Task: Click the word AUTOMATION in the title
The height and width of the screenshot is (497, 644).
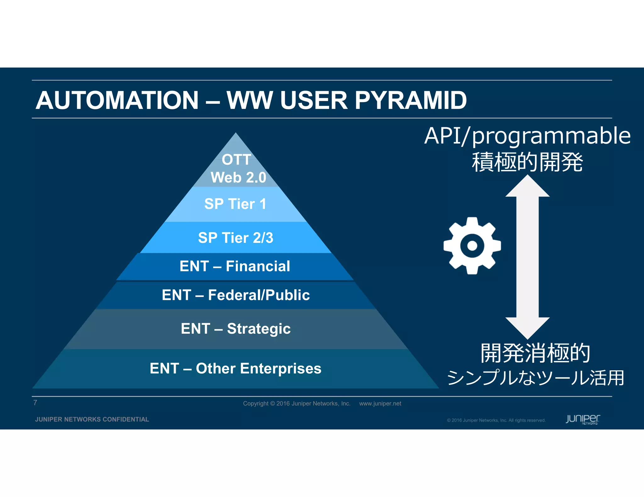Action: (117, 101)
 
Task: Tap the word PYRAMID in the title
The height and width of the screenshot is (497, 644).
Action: (410, 101)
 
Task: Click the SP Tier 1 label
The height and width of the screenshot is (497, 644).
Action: (235, 204)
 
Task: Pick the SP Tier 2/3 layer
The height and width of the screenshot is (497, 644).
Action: (236, 238)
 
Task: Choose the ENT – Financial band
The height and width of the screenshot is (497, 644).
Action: (235, 266)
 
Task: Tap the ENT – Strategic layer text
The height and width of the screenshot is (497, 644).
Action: (236, 329)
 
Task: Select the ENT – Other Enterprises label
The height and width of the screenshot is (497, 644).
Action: (235, 369)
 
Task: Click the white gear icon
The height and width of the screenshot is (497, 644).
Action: (472, 246)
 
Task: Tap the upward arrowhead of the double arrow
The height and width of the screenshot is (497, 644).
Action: (527, 187)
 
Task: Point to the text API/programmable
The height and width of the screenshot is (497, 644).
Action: (527, 136)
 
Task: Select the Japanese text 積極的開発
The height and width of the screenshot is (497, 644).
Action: (527, 162)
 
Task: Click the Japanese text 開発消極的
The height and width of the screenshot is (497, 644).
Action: (535, 353)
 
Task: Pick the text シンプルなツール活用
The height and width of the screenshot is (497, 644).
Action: (535, 378)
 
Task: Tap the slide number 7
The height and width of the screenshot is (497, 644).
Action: (35, 403)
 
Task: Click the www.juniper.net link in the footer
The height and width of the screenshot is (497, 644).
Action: (380, 404)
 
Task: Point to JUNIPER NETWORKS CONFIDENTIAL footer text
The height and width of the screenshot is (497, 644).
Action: (92, 419)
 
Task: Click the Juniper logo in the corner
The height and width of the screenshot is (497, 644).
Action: (583, 419)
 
